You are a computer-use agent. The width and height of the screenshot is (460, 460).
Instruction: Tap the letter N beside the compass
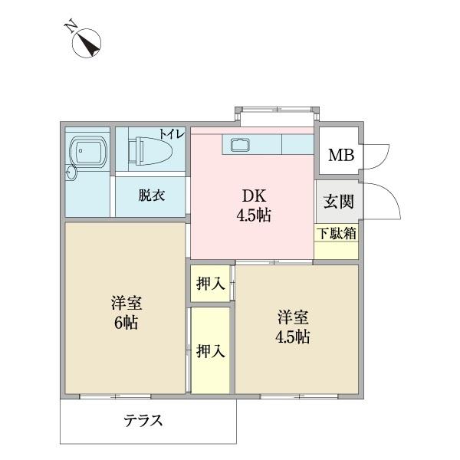(x=70, y=27)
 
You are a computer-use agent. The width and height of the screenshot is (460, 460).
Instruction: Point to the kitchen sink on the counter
(x=238, y=143)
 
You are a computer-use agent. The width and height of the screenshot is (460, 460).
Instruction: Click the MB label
(x=340, y=156)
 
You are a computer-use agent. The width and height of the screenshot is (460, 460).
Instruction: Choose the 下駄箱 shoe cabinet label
(x=337, y=233)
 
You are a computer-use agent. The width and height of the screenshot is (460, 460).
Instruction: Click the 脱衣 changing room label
(x=151, y=195)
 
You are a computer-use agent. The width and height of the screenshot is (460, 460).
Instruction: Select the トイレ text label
(x=172, y=133)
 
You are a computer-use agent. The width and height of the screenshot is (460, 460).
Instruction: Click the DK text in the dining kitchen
(x=252, y=195)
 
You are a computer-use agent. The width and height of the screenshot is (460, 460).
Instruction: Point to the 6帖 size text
(x=126, y=323)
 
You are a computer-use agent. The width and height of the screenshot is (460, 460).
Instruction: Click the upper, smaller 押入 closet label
(x=210, y=284)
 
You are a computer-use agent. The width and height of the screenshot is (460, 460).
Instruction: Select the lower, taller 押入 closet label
(x=210, y=351)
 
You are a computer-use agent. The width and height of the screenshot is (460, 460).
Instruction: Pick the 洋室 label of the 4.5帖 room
(x=294, y=316)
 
